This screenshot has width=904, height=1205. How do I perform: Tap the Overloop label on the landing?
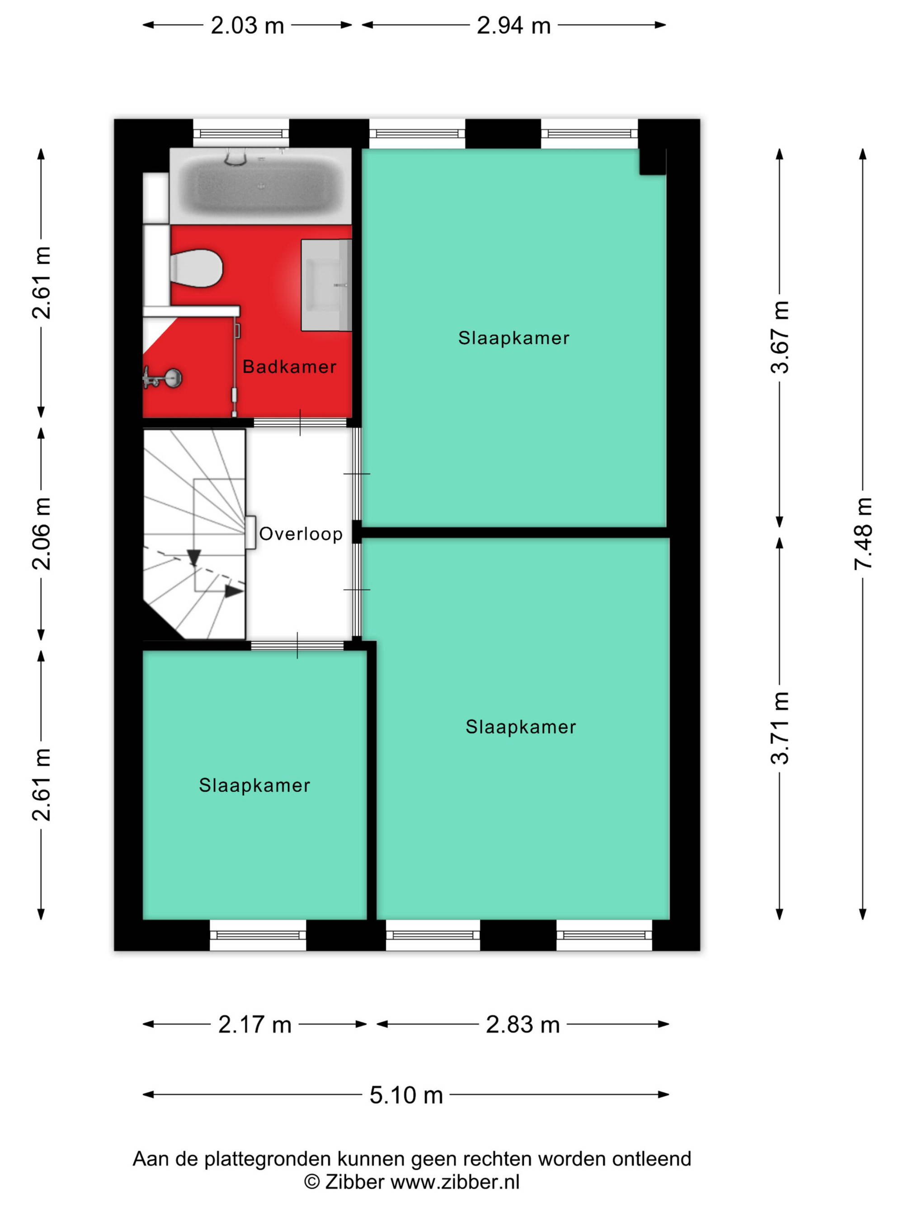click(x=301, y=534)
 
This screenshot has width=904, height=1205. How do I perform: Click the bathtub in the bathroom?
click(x=260, y=186)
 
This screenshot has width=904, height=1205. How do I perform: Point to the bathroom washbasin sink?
click(x=326, y=285)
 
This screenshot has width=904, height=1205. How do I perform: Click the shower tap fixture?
click(x=162, y=377)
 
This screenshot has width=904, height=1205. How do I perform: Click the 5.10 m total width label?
click(x=406, y=1095)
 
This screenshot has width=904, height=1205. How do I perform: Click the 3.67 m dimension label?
click(x=779, y=337)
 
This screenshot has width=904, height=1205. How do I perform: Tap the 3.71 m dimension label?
click(x=779, y=727)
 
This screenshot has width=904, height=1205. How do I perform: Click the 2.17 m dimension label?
click(x=254, y=1025)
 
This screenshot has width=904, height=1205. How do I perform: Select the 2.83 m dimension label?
click(x=523, y=1025)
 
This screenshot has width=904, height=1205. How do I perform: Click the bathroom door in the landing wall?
click(x=300, y=422)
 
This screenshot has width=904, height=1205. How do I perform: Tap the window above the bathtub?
click(x=241, y=133)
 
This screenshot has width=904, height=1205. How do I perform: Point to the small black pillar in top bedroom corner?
click(x=652, y=162)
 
